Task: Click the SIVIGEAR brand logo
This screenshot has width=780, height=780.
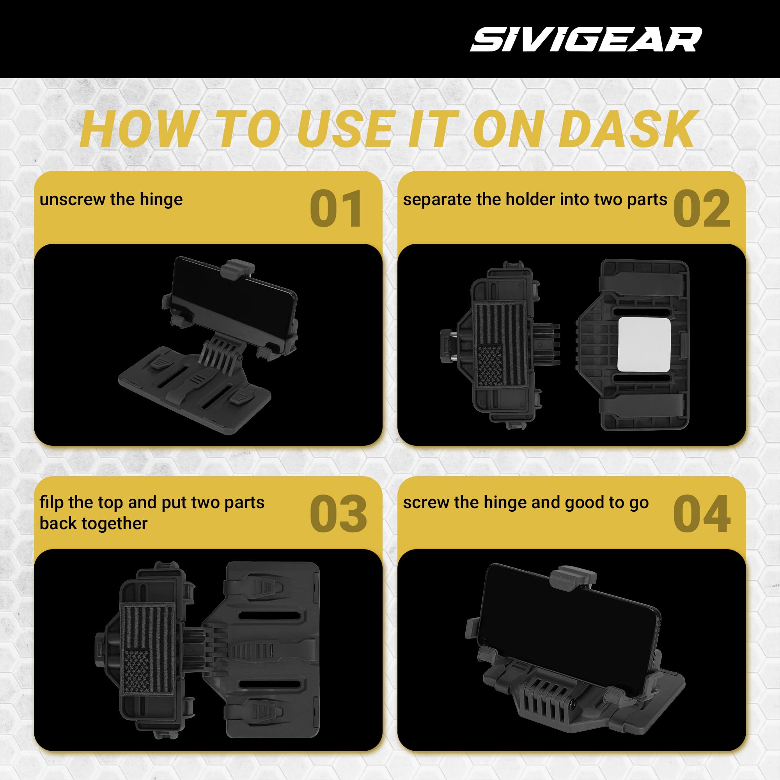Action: point(586,39)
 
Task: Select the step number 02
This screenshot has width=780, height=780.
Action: point(702,209)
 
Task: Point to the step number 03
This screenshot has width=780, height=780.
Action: point(338,514)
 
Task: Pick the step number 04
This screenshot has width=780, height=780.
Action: point(702,514)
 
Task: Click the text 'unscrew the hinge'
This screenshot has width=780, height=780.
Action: point(111,199)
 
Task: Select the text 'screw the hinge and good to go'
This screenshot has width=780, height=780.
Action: point(526,503)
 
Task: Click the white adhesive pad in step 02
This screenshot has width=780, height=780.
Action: point(644,345)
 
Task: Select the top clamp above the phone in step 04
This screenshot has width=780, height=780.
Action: point(573,577)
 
